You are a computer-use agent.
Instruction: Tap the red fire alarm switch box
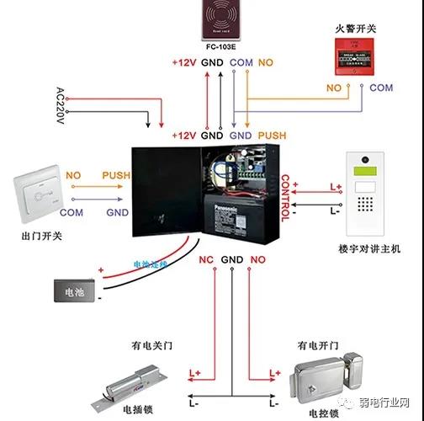coord(351,56)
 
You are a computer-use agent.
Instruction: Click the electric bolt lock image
coord(135,386)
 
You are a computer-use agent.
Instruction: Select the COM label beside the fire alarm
coord(381,88)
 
